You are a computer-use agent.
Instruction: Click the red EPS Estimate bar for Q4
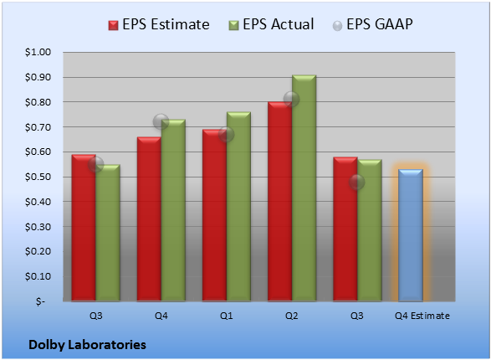point(149,219)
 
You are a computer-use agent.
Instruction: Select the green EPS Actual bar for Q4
point(173,210)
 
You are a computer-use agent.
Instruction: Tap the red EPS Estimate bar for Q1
point(214,215)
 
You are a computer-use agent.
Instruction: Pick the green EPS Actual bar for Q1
point(238,207)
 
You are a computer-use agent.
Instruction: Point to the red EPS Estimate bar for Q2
point(280,202)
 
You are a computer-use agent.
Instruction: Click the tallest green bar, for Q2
point(304,188)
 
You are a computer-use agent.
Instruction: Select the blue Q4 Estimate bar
point(411,235)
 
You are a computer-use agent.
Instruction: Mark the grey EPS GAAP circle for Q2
point(291,100)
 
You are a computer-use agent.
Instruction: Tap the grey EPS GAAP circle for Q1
point(226,135)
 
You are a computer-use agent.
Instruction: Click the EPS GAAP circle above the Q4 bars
point(161,121)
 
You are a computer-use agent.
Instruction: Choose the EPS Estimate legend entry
point(159,24)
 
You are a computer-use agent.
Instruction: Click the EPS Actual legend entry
point(271,24)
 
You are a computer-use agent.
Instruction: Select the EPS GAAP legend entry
point(372,24)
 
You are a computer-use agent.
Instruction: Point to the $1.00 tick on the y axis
point(38,52)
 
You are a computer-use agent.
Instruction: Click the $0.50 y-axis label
point(38,177)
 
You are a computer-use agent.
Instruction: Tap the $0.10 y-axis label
point(38,276)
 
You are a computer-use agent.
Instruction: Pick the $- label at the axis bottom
point(40,301)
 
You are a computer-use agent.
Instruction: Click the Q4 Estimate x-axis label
point(422,316)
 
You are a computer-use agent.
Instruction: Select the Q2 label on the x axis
point(292,316)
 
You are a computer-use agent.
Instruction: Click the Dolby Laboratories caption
point(87,345)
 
